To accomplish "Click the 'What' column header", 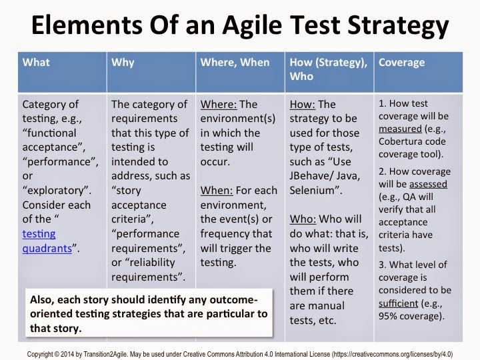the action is pyautogui.click(x=36, y=63).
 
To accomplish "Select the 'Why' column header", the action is pyautogui.click(x=123, y=63).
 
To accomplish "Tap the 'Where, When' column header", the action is pyautogui.click(x=235, y=63).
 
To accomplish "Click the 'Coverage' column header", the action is pyautogui.click(x=401, y=63).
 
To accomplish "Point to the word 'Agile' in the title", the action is pyautogui.click(x=251, y=26).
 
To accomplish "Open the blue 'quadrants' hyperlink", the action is pyautogui.click(x=47, y=248).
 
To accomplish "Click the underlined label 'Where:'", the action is pyautogui.click(x=219, y=105).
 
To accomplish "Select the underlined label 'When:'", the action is pyautogui.click(x=217, y=191).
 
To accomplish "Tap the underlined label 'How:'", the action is pyautogui.click(x=302, y=105).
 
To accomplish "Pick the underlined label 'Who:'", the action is pyautogui.click(x=303, y=219).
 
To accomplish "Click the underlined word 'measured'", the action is pyautogui.click(x=400, y=129).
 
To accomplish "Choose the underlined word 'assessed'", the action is pyautogui.click(x=428, y=184).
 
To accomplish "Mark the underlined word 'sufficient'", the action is pyautogui.click(x=398, y=303).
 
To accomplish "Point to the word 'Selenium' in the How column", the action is pyautogui.click(x=312, y=191).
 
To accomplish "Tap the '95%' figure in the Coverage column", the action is pyautogui.click(x=388, y=316).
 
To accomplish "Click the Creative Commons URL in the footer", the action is pyautogui.click(x=392, y=354).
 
